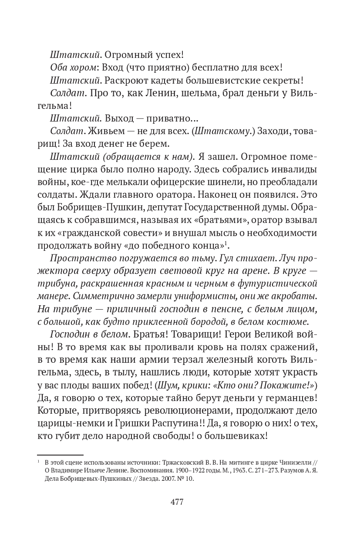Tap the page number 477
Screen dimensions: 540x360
click(177, 502)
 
